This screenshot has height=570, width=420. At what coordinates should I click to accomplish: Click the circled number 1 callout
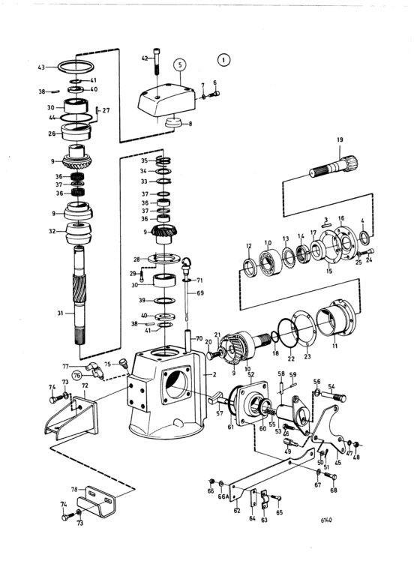pyautogui.click(x=223, y=60)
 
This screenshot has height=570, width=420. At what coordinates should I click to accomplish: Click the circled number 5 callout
pyautogui.click(x=180, y=65)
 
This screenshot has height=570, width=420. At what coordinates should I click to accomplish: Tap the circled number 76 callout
pyautogui.click(x=76, y=375)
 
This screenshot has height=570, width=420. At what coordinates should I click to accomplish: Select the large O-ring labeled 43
pyautogui.click(x=76, y=67)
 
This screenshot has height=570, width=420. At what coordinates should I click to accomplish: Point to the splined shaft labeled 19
pyautogui.click(x=334, y=166)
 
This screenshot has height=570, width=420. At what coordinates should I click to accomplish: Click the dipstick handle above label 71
pyautogui.click(x=187, y=266)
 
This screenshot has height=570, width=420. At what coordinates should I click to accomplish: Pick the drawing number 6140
pyautogui.click(x=326, y=520)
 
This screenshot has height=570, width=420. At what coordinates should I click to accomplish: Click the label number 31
pyautogui.click(x=60, y=313)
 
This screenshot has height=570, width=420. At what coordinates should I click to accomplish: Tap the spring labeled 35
pyautogui.click(x=164, y=161)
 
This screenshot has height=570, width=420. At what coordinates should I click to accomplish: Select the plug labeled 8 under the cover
pyautogui.click(x=173, y=122)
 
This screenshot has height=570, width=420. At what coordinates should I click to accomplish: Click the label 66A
pyautogui.click(x=223, y=496)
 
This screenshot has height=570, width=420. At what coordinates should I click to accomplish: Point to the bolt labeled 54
pyautogui.click(x=334, y=396)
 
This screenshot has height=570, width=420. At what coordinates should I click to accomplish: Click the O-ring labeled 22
pyautogui.click(x=288, y=331)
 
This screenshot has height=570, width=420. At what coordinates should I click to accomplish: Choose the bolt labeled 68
pyautogui.click(x=330, y=476)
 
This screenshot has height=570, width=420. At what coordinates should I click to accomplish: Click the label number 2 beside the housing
pyautogui.click(x=214, y=374)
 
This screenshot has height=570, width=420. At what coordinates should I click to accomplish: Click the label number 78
pyautogui.click(x=74, y=490)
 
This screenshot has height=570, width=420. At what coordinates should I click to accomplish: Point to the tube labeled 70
pyautogui.click(x=189, y=340)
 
